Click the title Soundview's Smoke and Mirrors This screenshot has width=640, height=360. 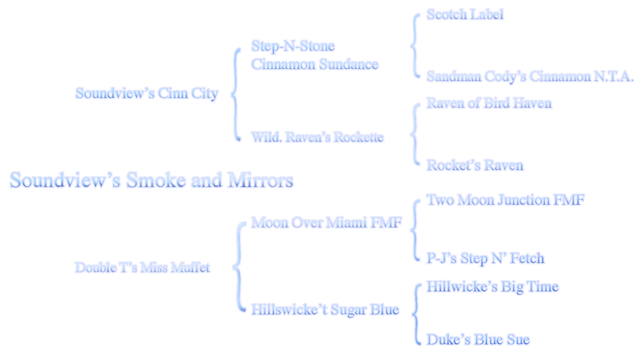coord(152,180)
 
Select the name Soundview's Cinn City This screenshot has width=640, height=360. coord(147,94)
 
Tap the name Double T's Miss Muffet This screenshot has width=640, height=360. coord(142,267)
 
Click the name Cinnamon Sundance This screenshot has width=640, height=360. coord(315,64)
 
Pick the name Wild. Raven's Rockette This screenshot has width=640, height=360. coord(318,137)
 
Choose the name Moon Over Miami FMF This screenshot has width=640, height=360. coord(326,222)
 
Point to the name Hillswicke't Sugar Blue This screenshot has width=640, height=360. coord(325,309)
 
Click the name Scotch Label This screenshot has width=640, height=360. coord(465,14)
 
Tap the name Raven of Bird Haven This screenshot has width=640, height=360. coord(489,103)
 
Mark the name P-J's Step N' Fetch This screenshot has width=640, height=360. coord(485,259)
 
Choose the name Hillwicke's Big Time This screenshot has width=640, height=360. coord(492,287)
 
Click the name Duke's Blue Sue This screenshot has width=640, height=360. coord(478,340)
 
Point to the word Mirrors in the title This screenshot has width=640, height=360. coord(261,180)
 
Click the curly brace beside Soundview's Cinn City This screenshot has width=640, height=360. coord(237,94)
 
